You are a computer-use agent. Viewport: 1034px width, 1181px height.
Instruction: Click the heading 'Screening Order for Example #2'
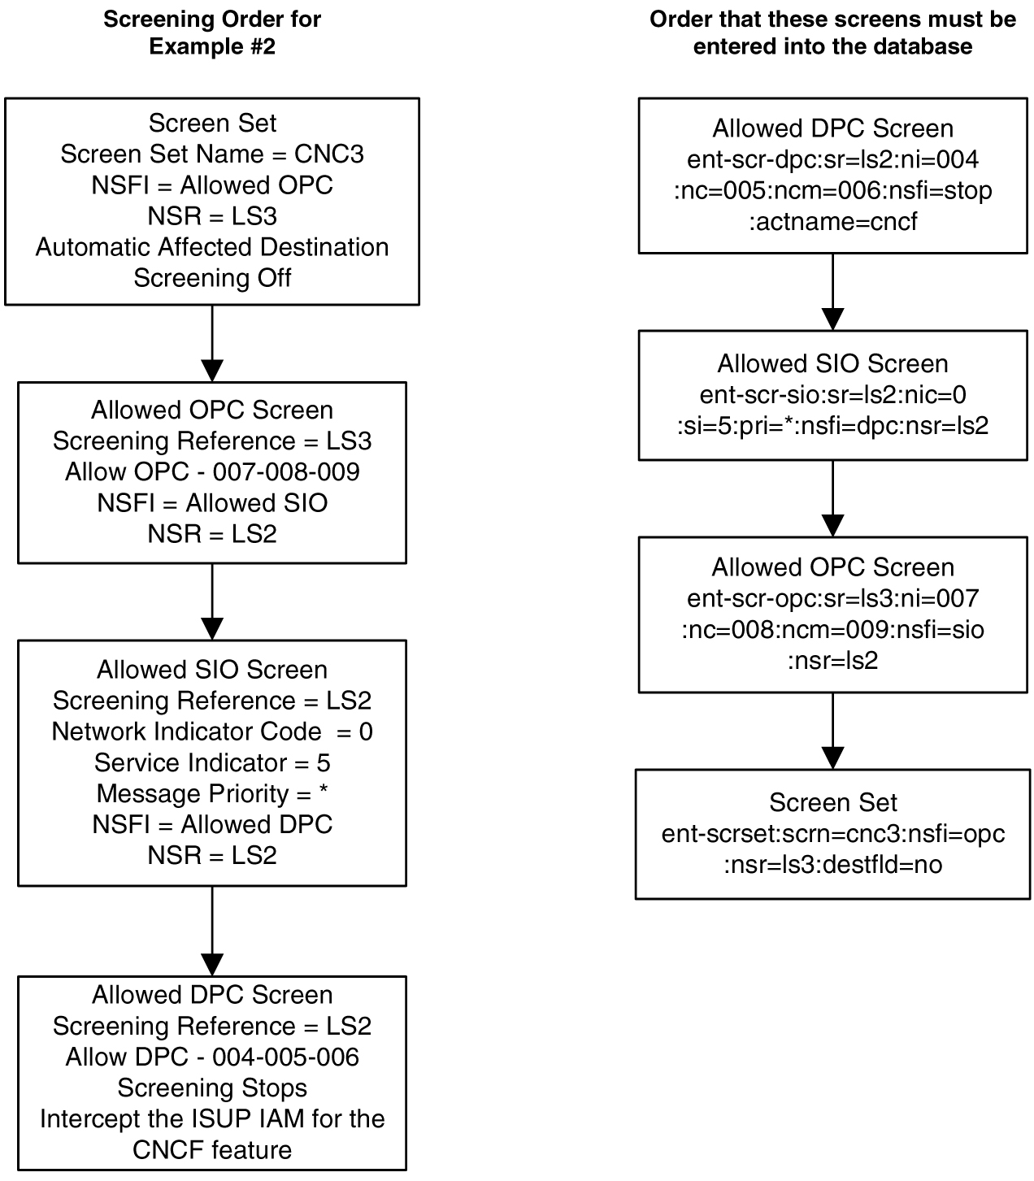[x=212, y=33]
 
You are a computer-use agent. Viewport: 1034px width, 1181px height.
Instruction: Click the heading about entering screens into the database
[x=832, y=33]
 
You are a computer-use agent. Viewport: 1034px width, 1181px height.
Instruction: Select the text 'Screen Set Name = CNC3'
[x=212, y=154]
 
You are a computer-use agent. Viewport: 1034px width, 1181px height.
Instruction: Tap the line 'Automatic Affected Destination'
[x=212, y=247]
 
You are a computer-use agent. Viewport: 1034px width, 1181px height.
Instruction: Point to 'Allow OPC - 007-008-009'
[x=212, y=472]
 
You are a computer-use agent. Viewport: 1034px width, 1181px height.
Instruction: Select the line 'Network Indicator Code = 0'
[x=212, y=732]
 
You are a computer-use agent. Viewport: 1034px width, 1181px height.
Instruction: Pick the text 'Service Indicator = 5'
[x=212, y=762]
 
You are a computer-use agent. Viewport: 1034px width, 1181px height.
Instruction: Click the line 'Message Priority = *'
[x=212, y=793]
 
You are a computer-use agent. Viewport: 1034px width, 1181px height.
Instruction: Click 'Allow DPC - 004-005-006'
[x=212, y=1057]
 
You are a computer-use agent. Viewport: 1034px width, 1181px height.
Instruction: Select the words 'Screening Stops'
[x=212, y=1088]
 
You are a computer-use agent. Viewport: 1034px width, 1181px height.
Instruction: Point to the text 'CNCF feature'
[x=212, y=1150]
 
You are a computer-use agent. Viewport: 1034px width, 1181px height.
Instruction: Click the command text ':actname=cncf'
[x=832, y=221]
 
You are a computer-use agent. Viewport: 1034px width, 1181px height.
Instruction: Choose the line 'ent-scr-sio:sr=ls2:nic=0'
[x=832, y=395]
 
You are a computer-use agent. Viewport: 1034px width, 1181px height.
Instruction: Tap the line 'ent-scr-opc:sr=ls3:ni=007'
[x=832, y=599]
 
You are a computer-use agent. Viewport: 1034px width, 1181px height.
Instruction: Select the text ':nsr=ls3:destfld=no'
[x=832, y=864]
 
